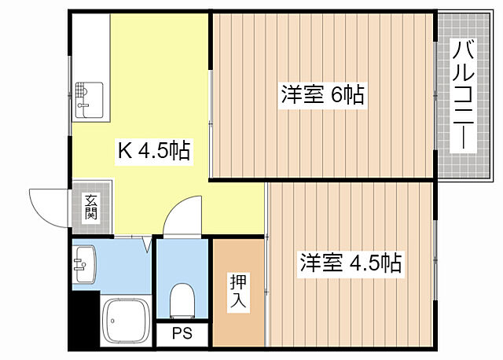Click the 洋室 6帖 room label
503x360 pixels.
point(322,95)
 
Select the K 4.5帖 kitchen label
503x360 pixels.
point(153,151)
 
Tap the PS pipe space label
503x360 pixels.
point(182,334)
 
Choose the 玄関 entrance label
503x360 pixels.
point(91,207)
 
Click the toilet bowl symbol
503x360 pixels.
point(182,299)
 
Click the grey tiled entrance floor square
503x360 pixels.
point(91,208)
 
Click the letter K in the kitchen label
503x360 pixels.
point(124,151)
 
